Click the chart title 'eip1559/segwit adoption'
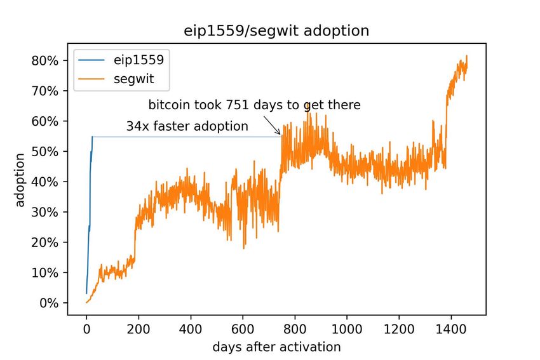point(276,30)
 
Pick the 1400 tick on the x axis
point(451,330)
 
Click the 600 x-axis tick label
point(243,330)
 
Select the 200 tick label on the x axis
point(138,330)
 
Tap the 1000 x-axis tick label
point(347,330)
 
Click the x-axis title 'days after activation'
point(277,347)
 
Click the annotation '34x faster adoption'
point(187,126)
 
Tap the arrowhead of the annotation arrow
point(280,133)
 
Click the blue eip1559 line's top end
point(92,137)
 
